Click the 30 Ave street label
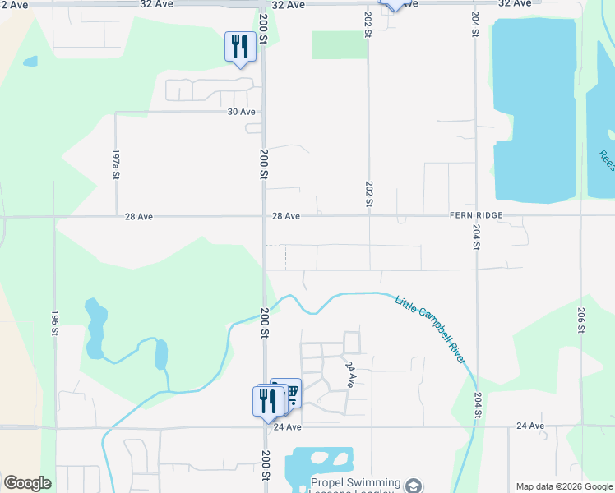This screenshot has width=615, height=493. click(241, 112)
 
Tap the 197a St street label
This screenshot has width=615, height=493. click(117, 164)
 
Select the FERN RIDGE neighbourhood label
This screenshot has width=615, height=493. click(475, 215)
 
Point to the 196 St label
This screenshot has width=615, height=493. click(55, 323)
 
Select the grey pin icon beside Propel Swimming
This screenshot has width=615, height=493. click(414, 486)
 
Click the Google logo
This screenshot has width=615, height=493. click(27, 483)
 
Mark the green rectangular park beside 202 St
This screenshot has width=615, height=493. click(339, 45)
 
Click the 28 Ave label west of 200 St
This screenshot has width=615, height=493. click(139, 217)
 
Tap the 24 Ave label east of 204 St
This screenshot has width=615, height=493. click(530, 426)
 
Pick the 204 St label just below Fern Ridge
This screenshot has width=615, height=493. click(476, 235)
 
